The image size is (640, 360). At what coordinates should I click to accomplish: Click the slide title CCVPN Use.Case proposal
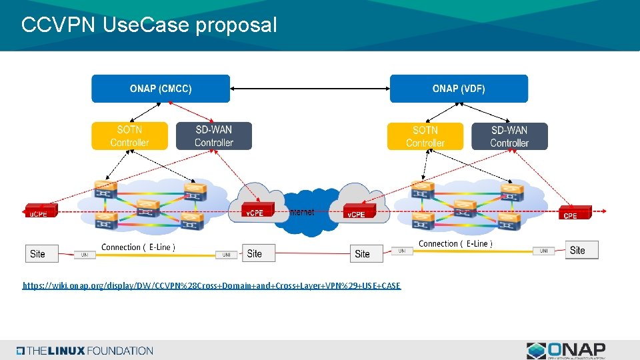click(148, 25)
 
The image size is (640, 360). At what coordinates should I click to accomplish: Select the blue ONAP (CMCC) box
click(161, 89)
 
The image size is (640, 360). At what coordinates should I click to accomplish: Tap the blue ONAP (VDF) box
click(459, 89)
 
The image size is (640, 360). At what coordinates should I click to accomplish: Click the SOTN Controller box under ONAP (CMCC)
click(129, 136)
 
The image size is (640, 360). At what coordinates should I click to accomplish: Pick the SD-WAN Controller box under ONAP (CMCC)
click(214, 136)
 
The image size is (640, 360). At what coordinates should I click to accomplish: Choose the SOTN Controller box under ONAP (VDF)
click(425, 136)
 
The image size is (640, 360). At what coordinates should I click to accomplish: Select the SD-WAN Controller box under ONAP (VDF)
click(509, 136)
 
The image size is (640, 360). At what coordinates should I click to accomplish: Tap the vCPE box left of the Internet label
click(256, 211)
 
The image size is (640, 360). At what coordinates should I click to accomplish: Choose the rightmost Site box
click(581, 250)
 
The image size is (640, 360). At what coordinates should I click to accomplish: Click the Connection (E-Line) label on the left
click(138, 247)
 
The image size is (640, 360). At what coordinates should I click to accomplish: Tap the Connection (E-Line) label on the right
click(455, 244)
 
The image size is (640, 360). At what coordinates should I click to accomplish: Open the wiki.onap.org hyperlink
click(211, 286)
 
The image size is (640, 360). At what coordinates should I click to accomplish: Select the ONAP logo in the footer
click(566, 350)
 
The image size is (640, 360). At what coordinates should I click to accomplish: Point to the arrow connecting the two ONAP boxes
click(310, 89)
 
